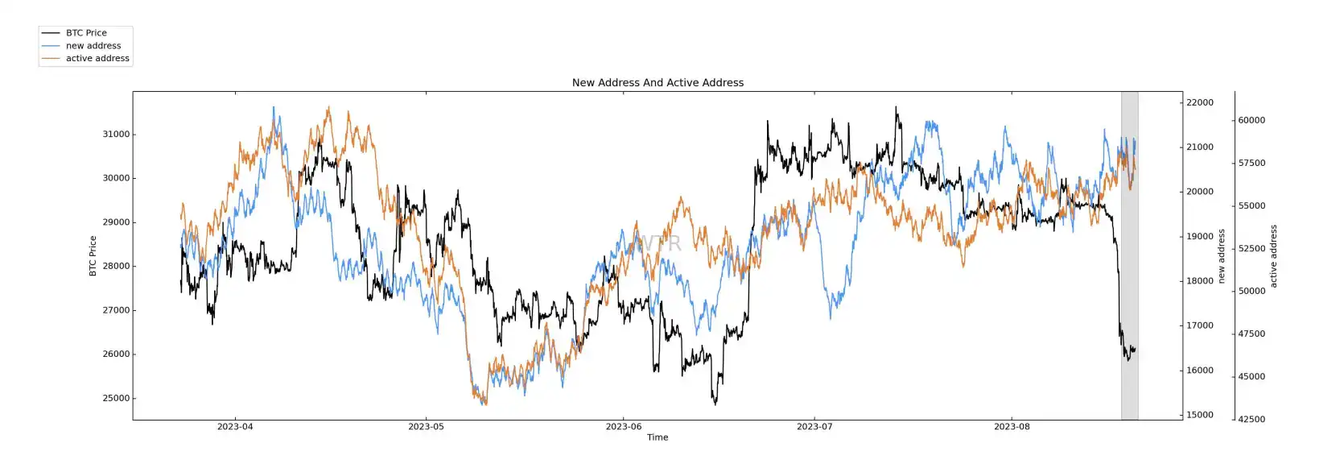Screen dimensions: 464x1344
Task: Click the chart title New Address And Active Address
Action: (658, 83)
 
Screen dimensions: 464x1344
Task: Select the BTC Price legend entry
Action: (86, 33)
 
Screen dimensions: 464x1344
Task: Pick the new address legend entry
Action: (93, 46)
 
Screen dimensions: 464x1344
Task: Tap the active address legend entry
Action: (97, 59)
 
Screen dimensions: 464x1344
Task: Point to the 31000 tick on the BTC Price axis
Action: (116, 135)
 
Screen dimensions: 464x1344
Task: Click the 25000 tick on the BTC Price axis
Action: (116, 399)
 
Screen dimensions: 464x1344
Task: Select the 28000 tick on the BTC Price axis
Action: (116, 267)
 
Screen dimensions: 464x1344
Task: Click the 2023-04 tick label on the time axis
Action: (235, 427)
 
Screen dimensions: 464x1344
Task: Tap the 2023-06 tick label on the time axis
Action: (624, 427)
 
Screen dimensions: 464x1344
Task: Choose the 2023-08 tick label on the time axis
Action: (1012, 427)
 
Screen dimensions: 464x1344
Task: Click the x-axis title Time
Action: (658, 437)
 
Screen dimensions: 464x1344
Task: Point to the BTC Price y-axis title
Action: (93, 256)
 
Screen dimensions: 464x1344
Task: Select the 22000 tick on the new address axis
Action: (1200, 103)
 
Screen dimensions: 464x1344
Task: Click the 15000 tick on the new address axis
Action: (1200, 416)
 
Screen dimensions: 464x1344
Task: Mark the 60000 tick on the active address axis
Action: (1251, 121)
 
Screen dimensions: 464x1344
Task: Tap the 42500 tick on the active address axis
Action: (1251, 420)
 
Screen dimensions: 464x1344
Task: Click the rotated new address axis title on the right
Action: (1221, 256)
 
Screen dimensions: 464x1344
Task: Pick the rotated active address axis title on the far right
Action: (1273, 256)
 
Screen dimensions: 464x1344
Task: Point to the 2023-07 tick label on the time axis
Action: (814, 427)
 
